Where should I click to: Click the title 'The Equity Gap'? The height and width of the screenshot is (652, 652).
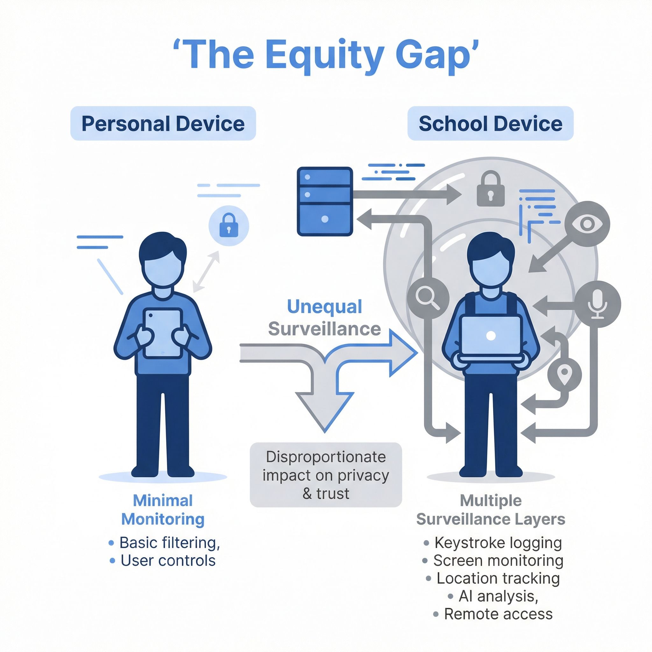pyautogui.click(x=326, y=55)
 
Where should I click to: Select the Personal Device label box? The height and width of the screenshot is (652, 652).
pyautogui.click(x=163, y=124)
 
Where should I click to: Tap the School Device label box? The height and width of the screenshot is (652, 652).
pyautogui.click(x=490, y=124)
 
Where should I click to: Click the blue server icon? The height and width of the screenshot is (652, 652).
pyautogui.click(x=325, y=202)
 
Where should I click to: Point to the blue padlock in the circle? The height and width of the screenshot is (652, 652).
pyautogui.click(x=229, y=225)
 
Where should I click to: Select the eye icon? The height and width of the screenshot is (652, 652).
pyautogui.click(x=587, y=223)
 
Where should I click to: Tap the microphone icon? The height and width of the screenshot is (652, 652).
pyautogui.click(x=597, y=304)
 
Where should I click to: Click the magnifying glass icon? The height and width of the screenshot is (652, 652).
pyautogui.click(x=428, y=298)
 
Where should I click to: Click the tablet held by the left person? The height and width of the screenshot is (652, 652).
pyautogui.click(x=163, y=333)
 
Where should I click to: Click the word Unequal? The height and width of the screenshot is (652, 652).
pyautogui.click(x=324, y=307)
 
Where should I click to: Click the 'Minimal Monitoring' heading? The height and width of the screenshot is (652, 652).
pyautogui.click(x=163, y=510)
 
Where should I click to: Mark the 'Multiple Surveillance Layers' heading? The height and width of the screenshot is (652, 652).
pyautogui.click(x=491, y=510)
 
